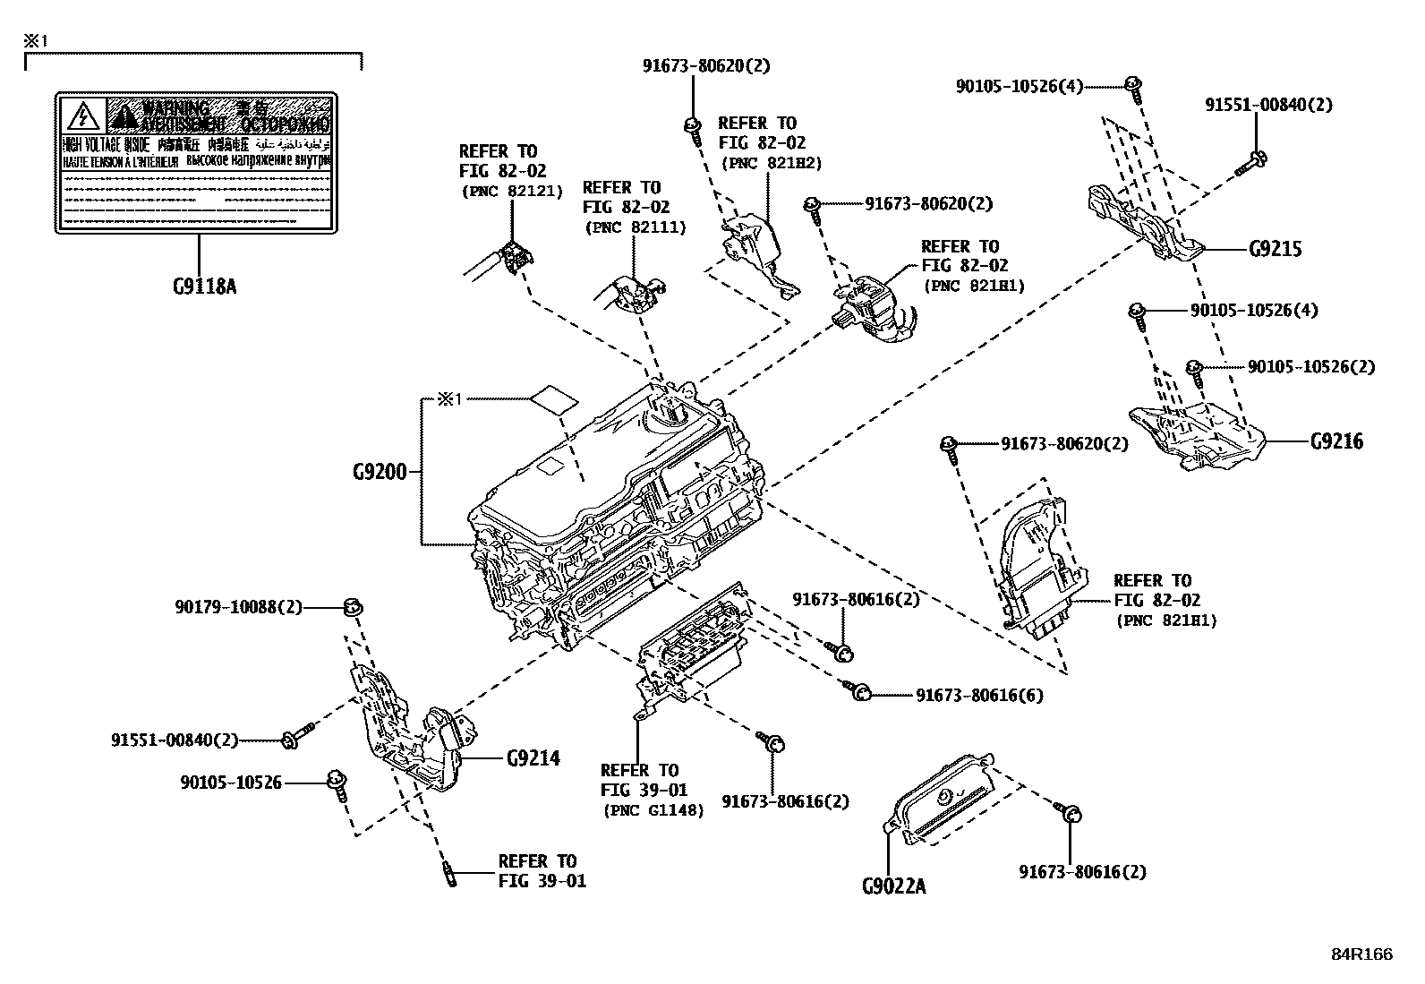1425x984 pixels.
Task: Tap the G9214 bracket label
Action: (x=533, y=758)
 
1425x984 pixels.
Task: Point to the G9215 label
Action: (x=1276, y=249)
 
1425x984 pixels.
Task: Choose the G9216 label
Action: (x=1336, y=441)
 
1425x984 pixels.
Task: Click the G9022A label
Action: (x=893, y=886)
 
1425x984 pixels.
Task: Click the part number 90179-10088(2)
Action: (x=239, y=608)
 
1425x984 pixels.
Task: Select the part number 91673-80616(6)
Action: (x=978, y=695)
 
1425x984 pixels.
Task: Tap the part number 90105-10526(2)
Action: (x=1311, y=366)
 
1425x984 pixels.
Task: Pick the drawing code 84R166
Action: (x=1361, y=954)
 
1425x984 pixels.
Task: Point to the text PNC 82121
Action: (x=511, y=191)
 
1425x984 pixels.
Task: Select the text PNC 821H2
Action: (x=770, y=163)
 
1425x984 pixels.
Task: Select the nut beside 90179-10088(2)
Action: (x=353, y=609)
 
